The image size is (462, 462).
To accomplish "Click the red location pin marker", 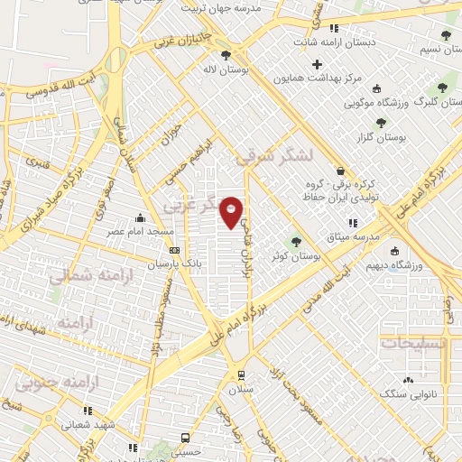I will tap(232, 211).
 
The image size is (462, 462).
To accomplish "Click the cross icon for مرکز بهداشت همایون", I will tap(316, 64).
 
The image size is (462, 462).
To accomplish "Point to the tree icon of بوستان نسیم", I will tap(446, 35).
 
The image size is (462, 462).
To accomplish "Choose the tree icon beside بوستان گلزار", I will tap(380, 122).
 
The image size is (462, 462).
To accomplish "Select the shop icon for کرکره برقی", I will tap(339, 171).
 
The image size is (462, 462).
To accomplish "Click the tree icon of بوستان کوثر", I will tap(295, 241).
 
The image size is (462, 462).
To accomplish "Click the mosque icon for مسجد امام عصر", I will tap(140, 217).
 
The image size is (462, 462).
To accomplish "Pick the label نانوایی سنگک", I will tap(407, 394).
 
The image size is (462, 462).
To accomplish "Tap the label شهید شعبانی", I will tap(88, 422).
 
